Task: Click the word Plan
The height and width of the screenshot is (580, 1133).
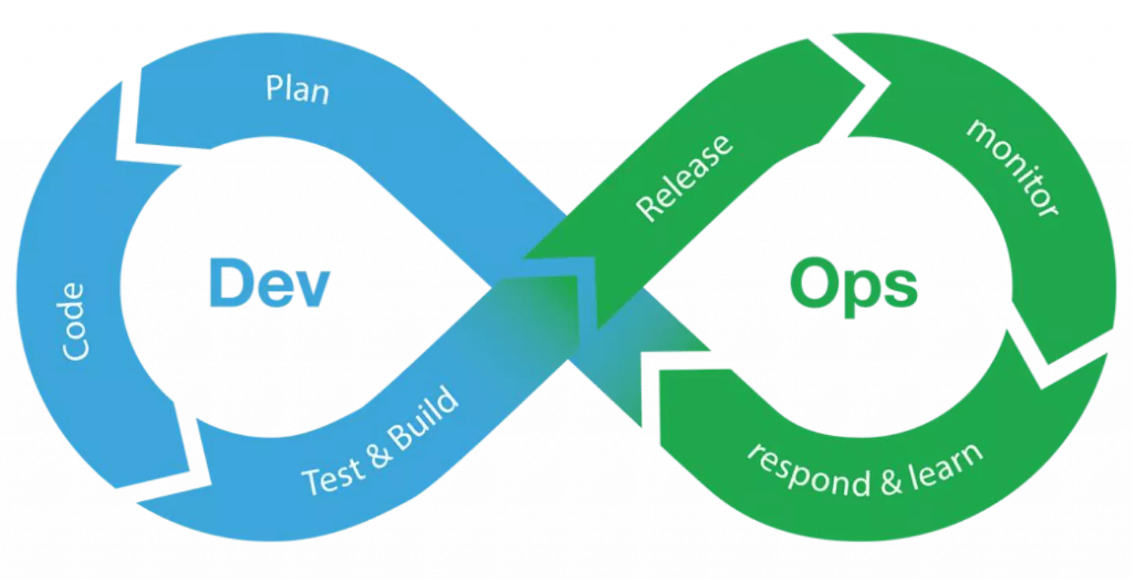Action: pos(297,90)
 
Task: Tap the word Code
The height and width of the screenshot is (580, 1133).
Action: pos(73,322)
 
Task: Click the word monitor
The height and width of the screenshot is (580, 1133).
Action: pos(1012,167)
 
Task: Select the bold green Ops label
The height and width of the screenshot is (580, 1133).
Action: pos(853,288)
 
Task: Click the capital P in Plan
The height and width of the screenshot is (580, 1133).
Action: pos(274,87)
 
